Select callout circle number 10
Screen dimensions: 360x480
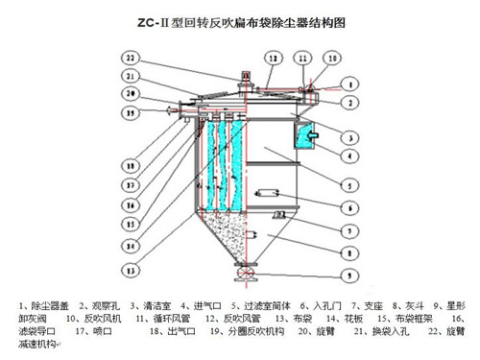pyautogui.click(x=330, y=58)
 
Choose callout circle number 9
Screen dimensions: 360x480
pyautogui.click(x=353, y=277)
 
